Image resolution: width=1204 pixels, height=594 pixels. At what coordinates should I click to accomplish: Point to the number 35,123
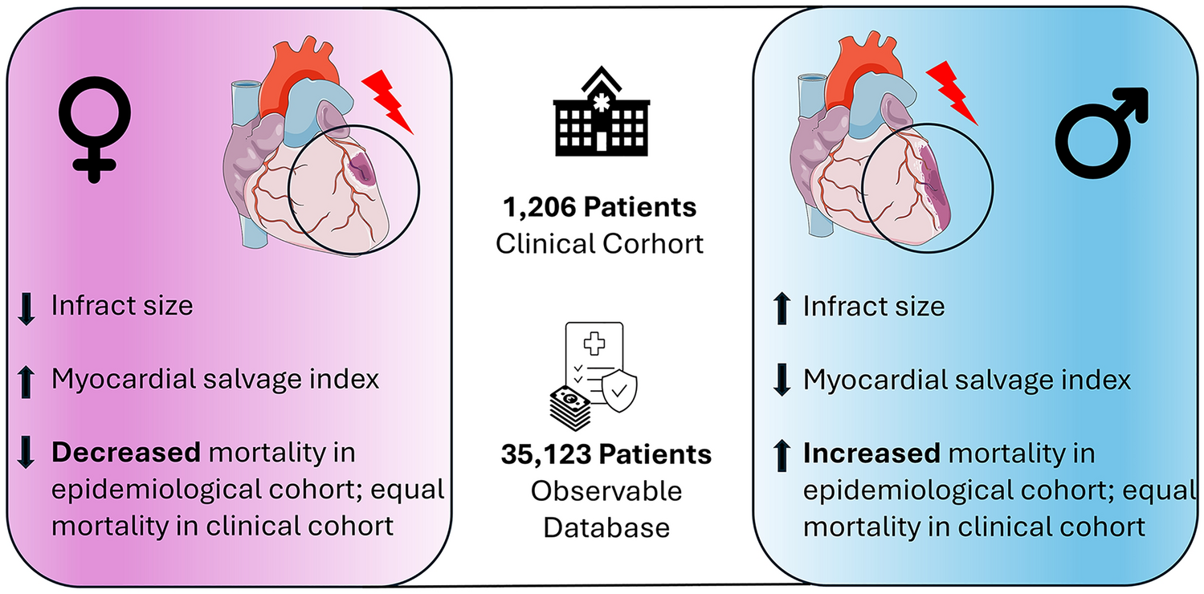pos(541,454)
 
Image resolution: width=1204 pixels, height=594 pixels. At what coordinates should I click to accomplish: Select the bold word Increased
pos(871,454)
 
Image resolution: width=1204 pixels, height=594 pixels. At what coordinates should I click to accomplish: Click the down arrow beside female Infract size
pos(27,307)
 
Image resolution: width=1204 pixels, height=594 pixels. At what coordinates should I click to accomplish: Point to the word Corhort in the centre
pos(647,242)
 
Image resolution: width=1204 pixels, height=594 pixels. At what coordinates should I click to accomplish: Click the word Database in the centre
pos(606,527)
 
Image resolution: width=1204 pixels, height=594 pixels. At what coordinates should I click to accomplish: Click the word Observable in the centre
pos(606,490)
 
